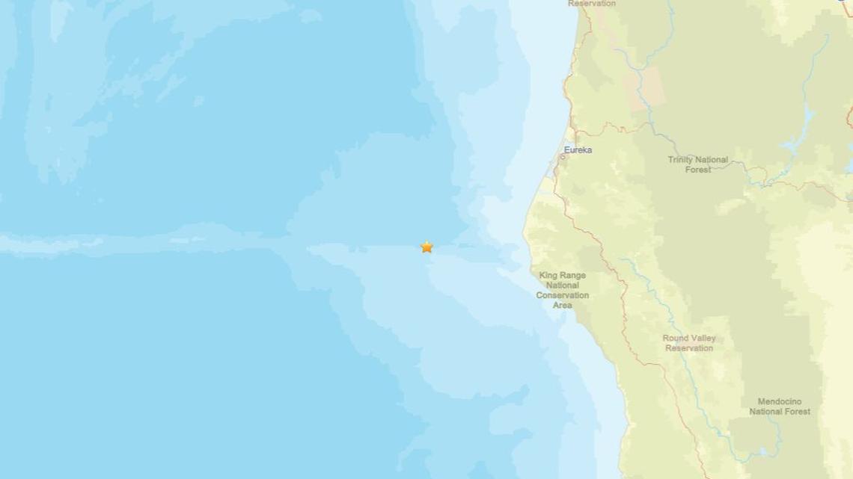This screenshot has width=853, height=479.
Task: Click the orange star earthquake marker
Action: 426,247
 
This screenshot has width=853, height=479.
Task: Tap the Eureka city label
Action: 578,150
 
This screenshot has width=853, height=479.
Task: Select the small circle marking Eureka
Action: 563,157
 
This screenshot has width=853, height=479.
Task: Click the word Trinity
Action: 681,160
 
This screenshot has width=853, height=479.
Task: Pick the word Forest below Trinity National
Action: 698,170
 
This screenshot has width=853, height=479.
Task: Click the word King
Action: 550,276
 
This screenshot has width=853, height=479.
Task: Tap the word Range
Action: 573,276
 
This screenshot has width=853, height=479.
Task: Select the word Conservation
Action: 562,295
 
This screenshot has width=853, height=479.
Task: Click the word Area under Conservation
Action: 562,305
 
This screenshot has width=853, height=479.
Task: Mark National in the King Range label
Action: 562,285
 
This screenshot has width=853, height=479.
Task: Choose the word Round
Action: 676,339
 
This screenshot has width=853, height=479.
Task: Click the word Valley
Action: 703,339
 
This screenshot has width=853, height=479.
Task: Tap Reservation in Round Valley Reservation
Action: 689,348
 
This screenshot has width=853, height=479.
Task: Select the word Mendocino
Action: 780,401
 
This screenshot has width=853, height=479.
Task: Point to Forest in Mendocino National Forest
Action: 797,411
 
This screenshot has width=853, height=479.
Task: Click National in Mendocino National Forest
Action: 765,411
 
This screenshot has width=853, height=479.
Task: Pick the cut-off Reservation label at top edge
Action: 591,4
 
